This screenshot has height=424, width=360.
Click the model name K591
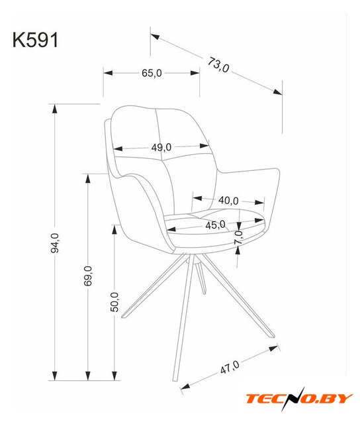click(x=35, y=40)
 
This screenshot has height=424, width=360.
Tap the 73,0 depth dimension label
click(x=218, y=65)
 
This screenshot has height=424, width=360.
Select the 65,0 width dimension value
click(x=152, y=73)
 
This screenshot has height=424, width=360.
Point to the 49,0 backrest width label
click(x=161, y=147)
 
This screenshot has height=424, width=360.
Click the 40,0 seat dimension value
click(x=228, y=201)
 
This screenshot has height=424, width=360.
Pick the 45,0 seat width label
click(x=215, y=225)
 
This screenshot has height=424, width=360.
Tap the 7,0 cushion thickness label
click(x=239, y=237)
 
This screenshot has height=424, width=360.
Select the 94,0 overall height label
click(x=55, y=243)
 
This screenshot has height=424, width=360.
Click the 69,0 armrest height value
click(x=88, y=276)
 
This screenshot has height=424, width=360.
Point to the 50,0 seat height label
click(x=114, y=302)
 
